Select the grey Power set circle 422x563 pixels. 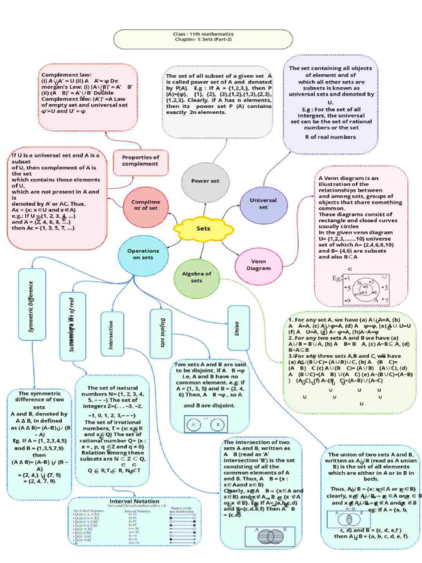[205, 181]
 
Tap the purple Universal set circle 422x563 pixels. [263, 204]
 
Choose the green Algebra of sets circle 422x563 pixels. [197, 277]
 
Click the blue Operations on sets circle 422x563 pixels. [143, 253]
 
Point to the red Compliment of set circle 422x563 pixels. [146, 205]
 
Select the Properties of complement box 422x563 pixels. [140, 161]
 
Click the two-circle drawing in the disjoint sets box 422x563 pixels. [206, 424]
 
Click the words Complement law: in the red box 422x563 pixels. [66, 74]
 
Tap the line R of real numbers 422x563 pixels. [330, 136]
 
